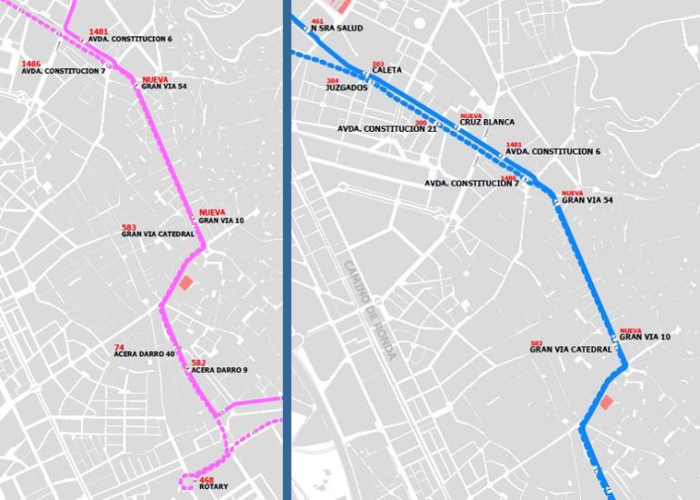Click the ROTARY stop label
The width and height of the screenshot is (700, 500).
(214, 487)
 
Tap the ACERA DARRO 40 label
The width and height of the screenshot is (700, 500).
(144, 355)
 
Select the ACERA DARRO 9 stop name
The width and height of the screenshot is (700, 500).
(219, 370)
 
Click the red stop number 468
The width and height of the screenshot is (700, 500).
(206, 479)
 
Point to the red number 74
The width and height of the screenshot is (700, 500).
(118, 347)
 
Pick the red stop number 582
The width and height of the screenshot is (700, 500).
(198, 363)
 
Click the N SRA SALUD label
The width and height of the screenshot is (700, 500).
(336, 28)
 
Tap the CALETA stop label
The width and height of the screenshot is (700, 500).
(386, 70)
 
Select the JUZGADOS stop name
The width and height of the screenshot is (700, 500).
(345, 88)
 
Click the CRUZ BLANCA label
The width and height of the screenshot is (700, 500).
(486, 122)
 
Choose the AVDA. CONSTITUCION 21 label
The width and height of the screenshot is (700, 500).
(387, 129)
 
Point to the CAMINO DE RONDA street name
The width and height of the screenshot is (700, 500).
(369, 310)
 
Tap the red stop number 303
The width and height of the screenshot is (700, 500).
(378, 64)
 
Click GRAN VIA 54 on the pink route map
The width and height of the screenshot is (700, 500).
(164, 86)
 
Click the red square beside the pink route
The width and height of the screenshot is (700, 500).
(185, 283)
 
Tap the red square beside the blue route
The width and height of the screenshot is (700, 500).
(606, 403)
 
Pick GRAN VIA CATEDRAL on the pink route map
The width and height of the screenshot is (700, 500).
(157, 234)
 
